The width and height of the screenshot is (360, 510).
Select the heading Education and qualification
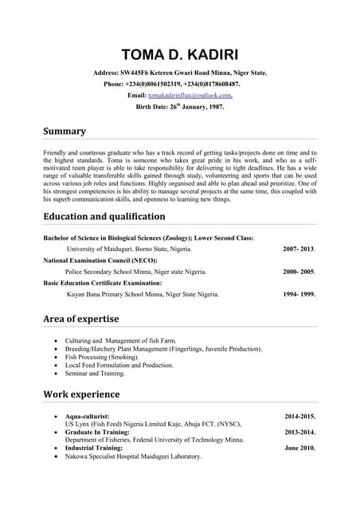[x=104, y=216]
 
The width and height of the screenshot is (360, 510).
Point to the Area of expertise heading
[x=81, y=319]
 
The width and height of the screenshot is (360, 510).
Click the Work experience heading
[x=81, y=394]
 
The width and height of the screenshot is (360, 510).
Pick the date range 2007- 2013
[x=299, y=249]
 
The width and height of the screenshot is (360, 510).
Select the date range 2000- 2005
[x=299, y=272]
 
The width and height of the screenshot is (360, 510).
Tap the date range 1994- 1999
[x=299, y=294]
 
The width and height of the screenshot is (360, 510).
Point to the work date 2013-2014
[x=299, y=432]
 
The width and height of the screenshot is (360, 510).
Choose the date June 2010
[x=299, y=448]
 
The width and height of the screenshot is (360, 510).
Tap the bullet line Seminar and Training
[x=95, y=373]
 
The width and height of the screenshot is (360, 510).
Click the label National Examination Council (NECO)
[x=100, y=261]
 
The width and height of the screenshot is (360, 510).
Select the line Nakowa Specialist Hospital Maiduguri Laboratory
[x=133, y=457]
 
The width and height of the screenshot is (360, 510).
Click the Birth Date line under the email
[x=180, y=106]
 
